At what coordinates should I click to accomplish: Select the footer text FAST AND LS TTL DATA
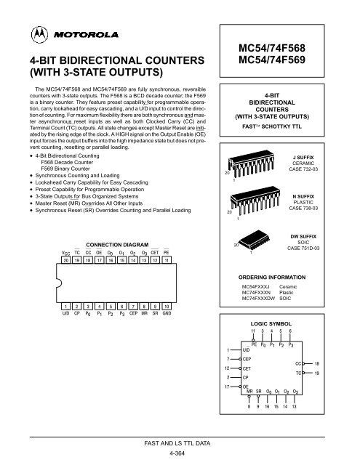tap(180, 442)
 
